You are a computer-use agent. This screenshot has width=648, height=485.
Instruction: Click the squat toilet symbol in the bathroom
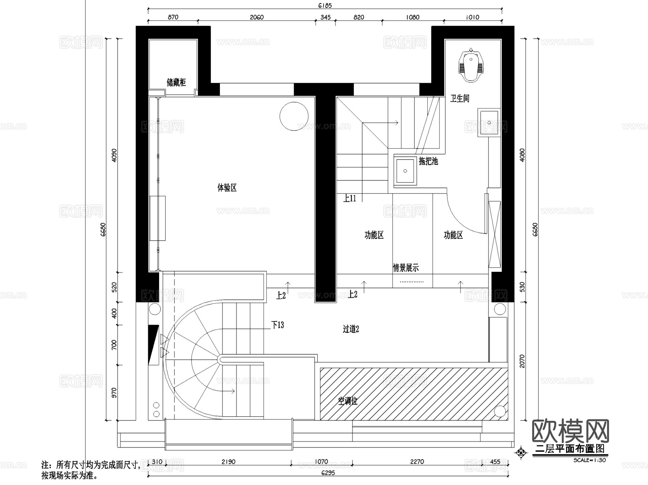471,65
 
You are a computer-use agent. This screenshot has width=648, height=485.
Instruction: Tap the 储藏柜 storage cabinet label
176,82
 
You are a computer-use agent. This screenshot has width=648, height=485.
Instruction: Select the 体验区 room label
227,188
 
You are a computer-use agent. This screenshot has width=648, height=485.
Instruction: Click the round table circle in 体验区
294,116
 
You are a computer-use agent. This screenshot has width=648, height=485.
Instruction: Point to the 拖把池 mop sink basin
405,171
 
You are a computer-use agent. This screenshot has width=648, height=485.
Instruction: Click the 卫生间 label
460,98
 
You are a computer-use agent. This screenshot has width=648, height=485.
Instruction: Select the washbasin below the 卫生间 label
489,123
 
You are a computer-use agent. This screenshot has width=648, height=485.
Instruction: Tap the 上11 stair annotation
349,198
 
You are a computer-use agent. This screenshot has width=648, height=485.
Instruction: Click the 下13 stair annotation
278,325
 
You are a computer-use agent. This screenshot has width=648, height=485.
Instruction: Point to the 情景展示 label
406,268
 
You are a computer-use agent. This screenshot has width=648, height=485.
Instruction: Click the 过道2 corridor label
351,329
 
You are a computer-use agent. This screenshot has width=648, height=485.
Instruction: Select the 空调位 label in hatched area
348,401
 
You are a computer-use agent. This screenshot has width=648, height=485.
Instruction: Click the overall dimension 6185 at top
325,5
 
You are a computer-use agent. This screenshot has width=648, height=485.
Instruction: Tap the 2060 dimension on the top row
256,17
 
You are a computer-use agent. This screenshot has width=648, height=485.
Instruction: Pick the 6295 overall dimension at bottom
328,473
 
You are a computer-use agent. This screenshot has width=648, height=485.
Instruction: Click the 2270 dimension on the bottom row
417,462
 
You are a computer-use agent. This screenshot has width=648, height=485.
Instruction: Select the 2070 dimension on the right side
522,361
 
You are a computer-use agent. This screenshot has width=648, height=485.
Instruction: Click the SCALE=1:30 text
589,460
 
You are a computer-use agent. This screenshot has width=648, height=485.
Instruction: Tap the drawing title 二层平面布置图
570,449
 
